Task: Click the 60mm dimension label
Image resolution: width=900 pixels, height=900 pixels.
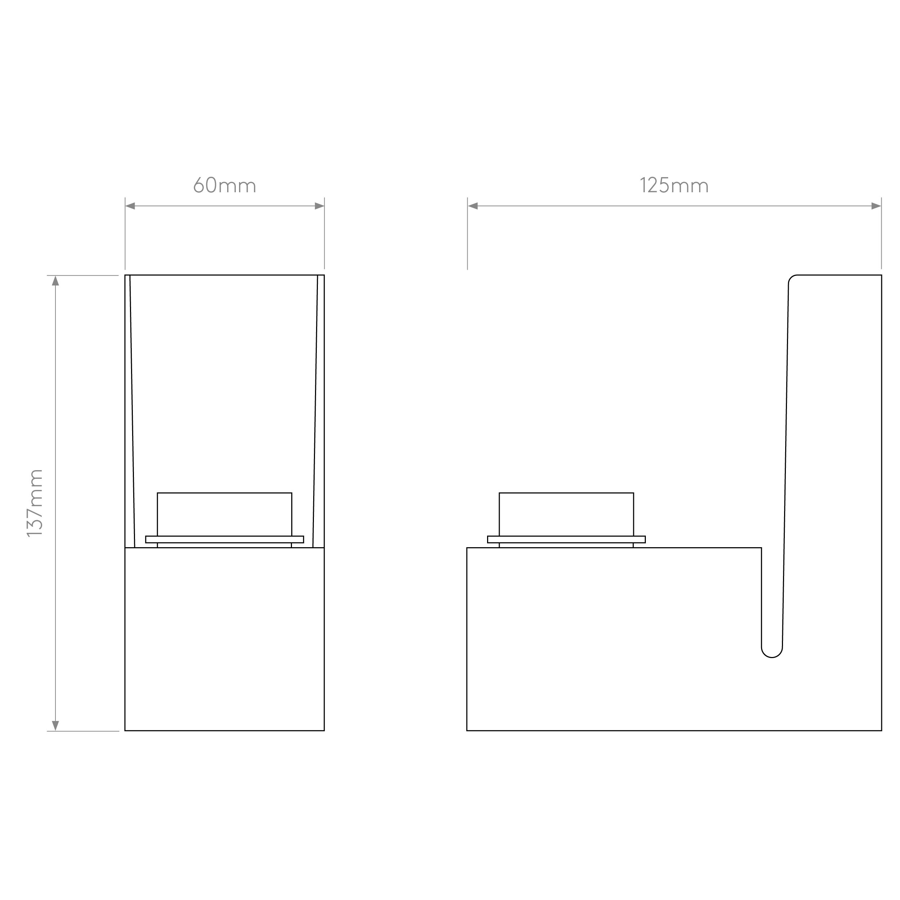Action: [x=225, y=185]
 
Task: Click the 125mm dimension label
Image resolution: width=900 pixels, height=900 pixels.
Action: [x=674, y=185]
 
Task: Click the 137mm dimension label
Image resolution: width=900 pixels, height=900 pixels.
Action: [x=35, y=503]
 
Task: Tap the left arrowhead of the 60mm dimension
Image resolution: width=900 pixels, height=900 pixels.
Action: [x=130, y=206]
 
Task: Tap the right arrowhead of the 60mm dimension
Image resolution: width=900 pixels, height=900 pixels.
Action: [x=320, y=206]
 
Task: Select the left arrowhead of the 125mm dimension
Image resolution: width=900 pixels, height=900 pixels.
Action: [x=473, y=206]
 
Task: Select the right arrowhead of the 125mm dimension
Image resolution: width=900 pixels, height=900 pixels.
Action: [x=876, y=206]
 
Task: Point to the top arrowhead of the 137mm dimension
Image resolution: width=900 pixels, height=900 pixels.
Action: [x=55, y=280]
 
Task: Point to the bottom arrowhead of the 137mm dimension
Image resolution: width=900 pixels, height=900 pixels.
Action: [x=55, y=726]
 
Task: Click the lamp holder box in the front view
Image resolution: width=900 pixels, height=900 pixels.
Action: [x=225, y=514]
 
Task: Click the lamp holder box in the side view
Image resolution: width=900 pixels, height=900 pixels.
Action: [x=566, y=514]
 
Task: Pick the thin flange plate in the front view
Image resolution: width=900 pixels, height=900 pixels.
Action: [x=225, y=539]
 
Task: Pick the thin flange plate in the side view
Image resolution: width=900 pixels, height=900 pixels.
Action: [x=566, y=539]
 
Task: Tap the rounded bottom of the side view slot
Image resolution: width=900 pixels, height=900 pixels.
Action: [x=772, y=657]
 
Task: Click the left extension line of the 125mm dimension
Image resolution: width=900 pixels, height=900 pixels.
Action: [x=467, y=233]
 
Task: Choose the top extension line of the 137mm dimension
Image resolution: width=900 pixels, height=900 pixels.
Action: [x=83, y=275]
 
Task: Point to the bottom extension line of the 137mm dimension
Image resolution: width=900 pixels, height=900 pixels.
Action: [x=83, y=731]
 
